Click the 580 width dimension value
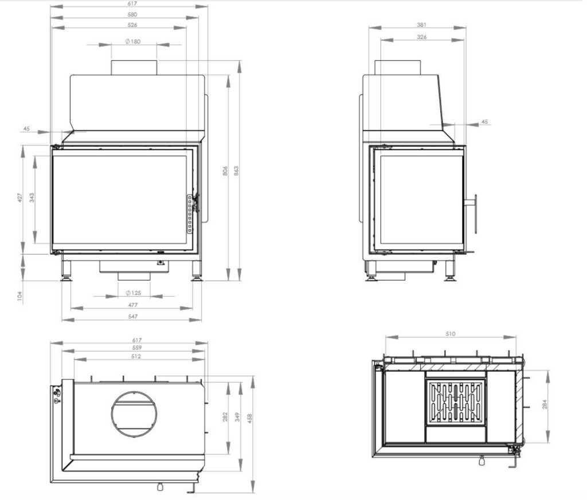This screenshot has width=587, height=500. [x=132, y=14]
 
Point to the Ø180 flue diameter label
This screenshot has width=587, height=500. [x=133, y=41]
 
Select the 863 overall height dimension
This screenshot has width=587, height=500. [x=236, y=171]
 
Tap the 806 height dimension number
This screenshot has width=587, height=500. [x=225, y=171]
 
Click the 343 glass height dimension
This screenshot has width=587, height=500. [x=32, y=198]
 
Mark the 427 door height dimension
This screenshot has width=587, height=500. [x=20, y=198]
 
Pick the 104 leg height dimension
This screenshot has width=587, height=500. [x=20, y=296]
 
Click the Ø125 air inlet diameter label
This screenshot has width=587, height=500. [x=133, y=293]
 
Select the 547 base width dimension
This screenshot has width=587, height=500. [x=133, y=316]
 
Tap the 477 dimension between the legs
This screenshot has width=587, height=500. [x=133, y=305]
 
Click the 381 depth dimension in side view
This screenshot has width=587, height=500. [x=421, y=25]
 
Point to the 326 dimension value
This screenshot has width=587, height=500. [x=421, y=37]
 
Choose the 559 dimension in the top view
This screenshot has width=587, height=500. [x=137, y=348]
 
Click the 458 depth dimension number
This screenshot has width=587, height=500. [x=250, y=418]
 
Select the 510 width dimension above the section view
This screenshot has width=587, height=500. [x=451, y=333]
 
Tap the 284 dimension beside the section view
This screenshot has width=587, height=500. [x=545, y=404]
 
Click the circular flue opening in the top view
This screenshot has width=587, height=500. [x=134, y=392]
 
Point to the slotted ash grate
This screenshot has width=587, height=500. [x=456, y=401]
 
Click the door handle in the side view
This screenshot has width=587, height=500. [x=475, y=214]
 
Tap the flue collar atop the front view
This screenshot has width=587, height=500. [x=134, y=68]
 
